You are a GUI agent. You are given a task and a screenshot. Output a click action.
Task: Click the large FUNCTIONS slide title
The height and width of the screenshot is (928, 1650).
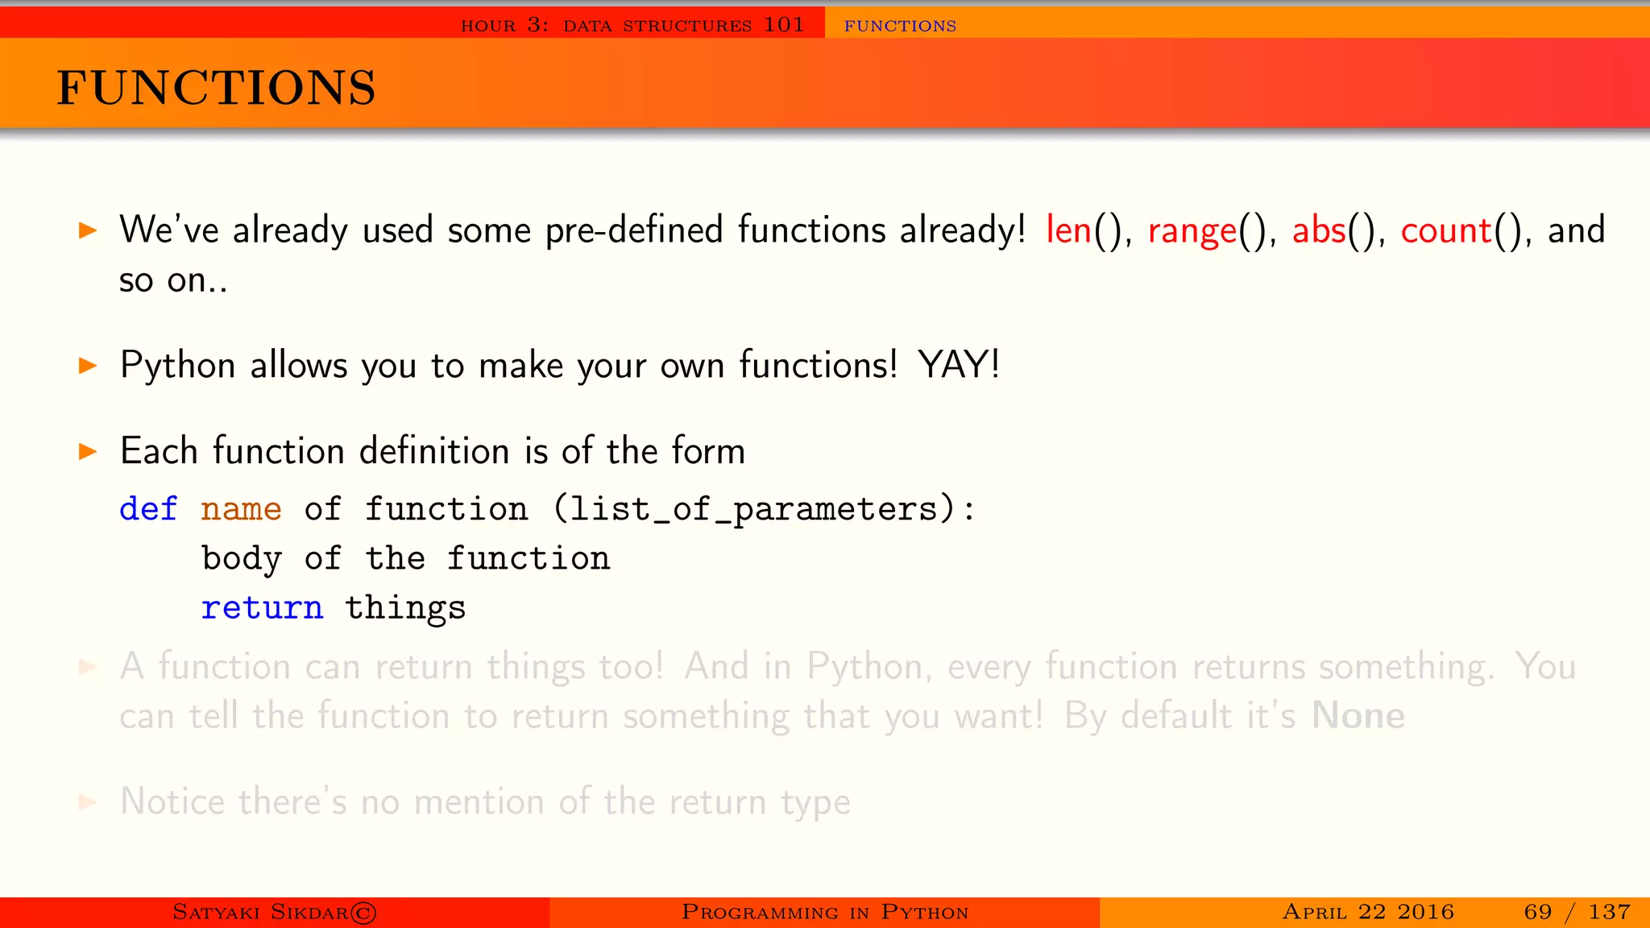pos(216,88)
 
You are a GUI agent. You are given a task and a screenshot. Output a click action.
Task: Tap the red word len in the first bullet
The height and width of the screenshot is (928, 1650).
pos(1068,230)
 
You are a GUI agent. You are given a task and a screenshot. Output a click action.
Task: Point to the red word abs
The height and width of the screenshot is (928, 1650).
pos(1319,230)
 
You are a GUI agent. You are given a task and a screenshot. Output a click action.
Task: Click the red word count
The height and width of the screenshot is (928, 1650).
pos(1446,231)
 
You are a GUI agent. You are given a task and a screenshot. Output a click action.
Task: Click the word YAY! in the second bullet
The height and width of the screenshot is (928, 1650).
pos(959,365)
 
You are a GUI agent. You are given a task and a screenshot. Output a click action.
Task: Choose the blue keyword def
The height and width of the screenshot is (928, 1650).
pos(148,509)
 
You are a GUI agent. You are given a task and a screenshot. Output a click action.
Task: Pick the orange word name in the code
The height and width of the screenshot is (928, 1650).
pos(241,509)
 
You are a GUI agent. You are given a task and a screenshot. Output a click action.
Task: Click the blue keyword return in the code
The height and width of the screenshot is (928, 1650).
pos(262,607)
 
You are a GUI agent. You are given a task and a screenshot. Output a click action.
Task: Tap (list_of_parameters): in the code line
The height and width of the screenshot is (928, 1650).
pos(764,509)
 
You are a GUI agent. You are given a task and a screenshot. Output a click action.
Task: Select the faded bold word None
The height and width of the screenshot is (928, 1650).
pos(1358,715)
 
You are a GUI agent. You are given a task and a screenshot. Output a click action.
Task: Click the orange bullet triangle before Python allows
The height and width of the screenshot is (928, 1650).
pos(88,366)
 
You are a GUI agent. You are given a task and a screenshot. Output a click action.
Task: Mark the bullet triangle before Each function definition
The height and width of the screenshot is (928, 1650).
pos(88,451)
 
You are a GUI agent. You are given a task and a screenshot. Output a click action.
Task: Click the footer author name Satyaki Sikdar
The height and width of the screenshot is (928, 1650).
pos(274,912)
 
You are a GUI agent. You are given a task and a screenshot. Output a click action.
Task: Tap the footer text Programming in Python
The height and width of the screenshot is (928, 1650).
pos(824,912)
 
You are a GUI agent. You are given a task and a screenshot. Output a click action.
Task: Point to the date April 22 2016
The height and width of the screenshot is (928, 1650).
pos(1368,912)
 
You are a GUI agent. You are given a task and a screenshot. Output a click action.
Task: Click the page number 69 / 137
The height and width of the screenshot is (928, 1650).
pos(1577,912)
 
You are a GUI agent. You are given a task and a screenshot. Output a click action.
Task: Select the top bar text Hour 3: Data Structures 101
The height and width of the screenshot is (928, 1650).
pos(632,25)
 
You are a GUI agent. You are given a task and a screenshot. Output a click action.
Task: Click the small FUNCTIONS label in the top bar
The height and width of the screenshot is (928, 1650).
pos(900,26)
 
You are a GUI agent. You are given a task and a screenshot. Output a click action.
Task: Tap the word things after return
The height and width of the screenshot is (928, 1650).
pos(405,608)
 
